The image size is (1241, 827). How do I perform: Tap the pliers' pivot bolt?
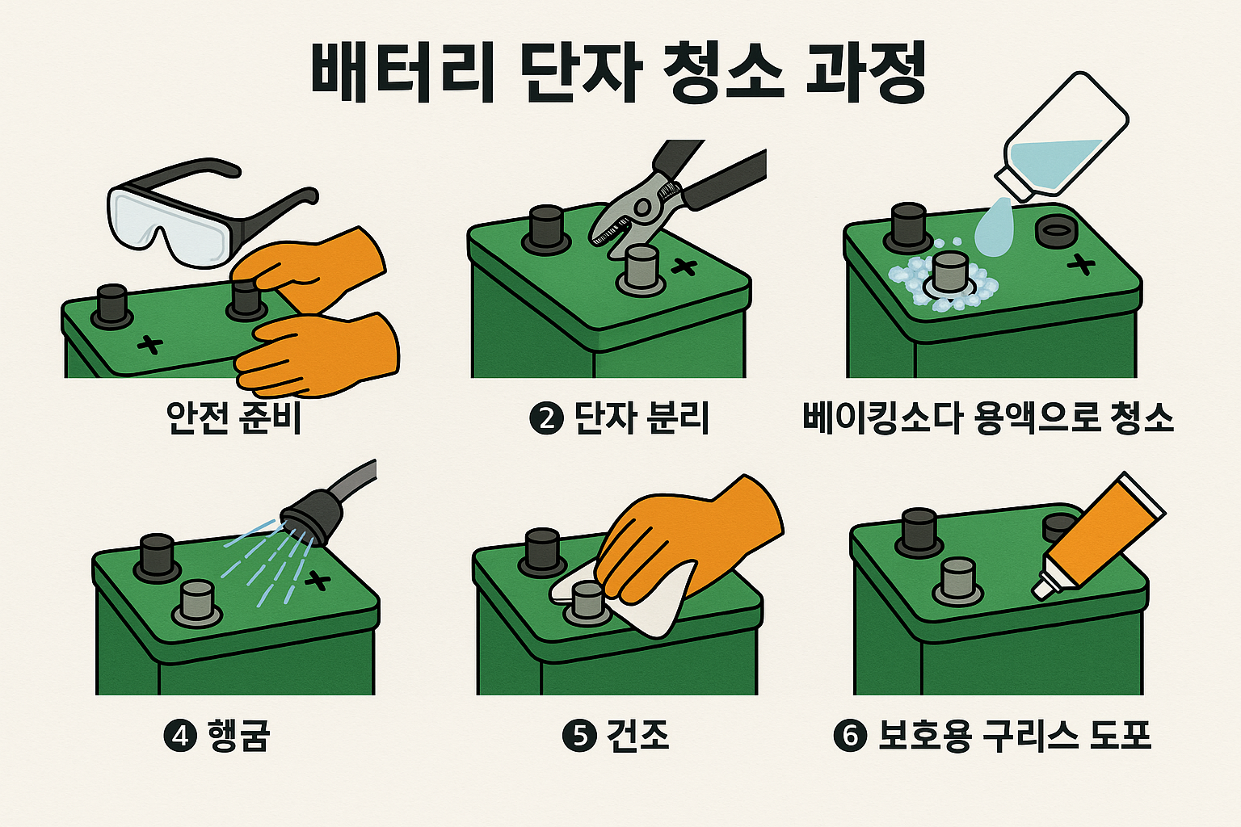click(642, 208)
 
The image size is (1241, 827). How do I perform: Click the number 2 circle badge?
click(546, 418)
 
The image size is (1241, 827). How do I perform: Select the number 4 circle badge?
click(180, 736)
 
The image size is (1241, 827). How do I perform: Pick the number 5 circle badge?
click(579, 736)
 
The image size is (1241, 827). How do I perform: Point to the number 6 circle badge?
click(850, 736)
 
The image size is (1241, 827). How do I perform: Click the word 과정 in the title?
click(866, 73)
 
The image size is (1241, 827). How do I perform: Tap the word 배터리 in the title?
click(402, 73)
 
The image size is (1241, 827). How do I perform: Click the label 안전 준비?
click(233, 418)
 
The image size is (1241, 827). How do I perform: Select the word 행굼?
click(239, 736)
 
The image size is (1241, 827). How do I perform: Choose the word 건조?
click(637, 736)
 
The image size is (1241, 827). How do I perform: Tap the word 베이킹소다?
click(881, 418)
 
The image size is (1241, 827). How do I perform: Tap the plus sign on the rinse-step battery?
click(318, 581)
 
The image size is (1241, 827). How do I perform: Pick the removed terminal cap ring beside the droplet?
click(1056, 232)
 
